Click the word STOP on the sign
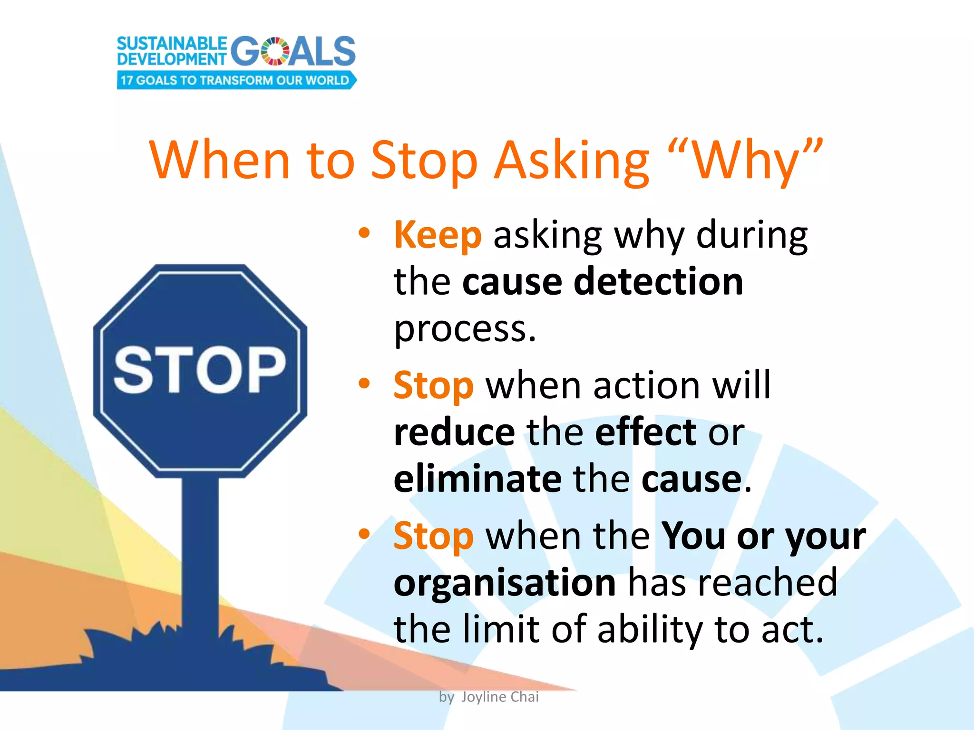[200, 370]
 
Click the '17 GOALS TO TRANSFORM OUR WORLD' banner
[235, 80]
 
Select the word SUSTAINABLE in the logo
[172, 44]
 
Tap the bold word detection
[658, 281]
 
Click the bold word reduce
[454, 432]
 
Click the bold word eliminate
[477, 479]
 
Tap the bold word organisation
[505, 583]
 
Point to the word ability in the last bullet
[650, 629]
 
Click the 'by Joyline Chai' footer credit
[488, 697]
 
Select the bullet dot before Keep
[364, 233]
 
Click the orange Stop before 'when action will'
[433, 385]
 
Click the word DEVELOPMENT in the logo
[172, 59]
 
